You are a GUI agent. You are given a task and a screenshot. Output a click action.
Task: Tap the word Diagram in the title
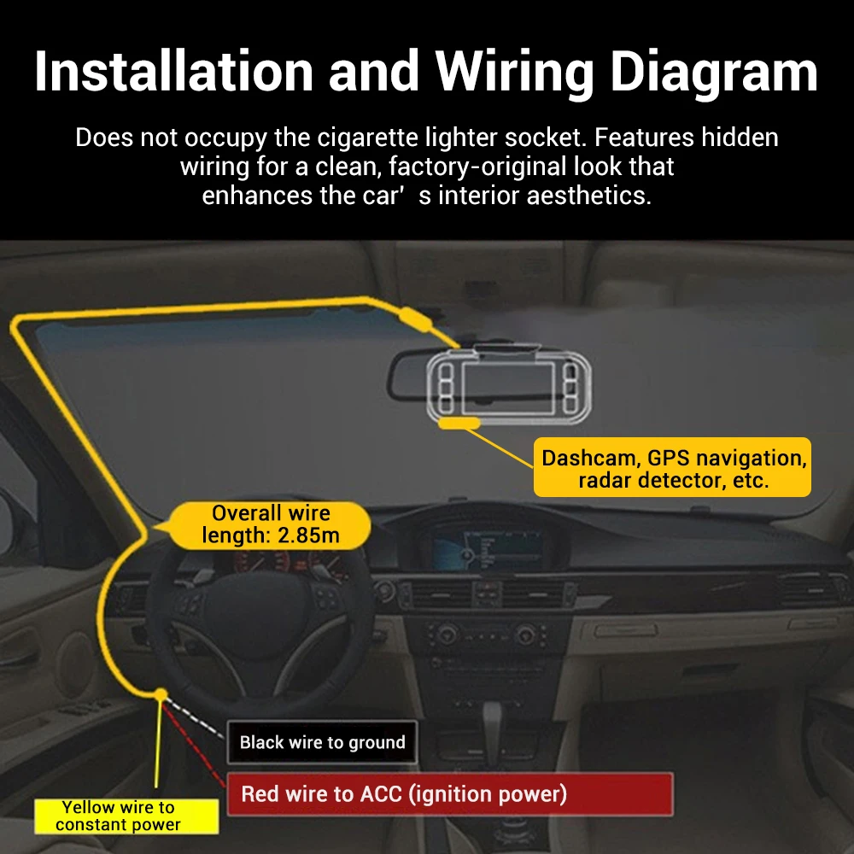tap(713, 72)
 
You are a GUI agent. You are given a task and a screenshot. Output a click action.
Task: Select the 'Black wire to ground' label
tap(322, 742)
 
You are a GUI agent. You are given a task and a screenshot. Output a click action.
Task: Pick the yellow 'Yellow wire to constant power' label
tap(119, 816)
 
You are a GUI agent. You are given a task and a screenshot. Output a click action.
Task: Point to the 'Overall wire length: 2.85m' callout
tap(270, 524)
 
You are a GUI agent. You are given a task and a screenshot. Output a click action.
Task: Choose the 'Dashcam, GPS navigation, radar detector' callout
tap(672, 468)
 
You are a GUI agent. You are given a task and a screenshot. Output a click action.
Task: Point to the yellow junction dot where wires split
tap(159, 695)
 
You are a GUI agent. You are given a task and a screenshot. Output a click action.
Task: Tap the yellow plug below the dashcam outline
tap(458, 421)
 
